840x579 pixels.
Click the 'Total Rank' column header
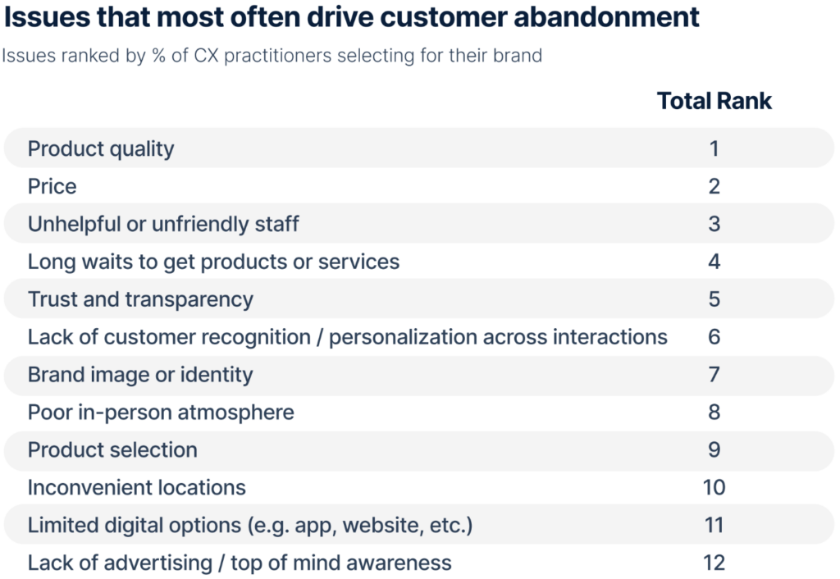[714, 101]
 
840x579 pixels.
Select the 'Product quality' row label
[101, 149]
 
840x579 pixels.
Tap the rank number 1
[714, 149]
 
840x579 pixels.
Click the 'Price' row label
[52, 187]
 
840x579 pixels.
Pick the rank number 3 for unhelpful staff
[714, 224]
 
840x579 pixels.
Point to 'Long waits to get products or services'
[213, 262]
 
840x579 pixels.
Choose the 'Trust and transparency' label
[140, 299]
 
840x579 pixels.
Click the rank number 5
[714, 299]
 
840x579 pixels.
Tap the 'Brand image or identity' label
[140, 375]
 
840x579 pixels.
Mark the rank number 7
[714, 375]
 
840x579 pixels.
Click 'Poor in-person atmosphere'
[161, 413]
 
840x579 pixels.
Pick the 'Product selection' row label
[112, 450]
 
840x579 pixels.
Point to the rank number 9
[714, 450]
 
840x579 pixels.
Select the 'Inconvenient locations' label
[136, 488]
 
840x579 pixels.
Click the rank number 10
[714, 488]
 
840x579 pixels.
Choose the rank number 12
[714, 563]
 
